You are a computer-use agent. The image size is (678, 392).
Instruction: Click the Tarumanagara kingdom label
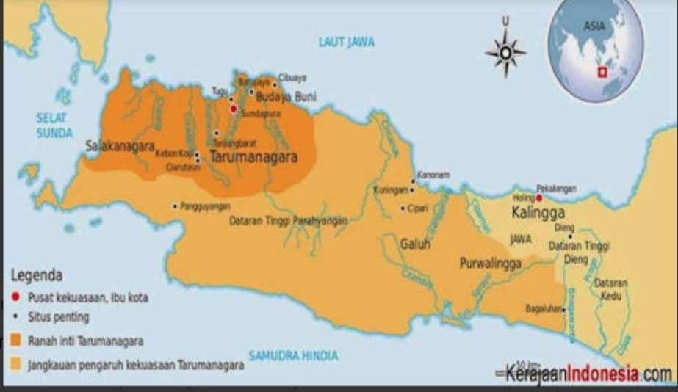click(x=253, y=157)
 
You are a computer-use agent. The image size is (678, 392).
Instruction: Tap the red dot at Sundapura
click(x=234, y=109)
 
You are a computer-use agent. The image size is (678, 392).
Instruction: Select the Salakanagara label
click(x=120, y=145)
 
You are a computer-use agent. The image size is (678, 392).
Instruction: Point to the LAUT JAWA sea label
click(x=346, y=42)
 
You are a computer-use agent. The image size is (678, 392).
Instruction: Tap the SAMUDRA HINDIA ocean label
click(x=293, y=356)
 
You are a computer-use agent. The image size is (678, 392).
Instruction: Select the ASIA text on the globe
click(x=594, y=26)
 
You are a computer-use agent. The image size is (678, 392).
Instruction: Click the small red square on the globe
click(x=602, y=72)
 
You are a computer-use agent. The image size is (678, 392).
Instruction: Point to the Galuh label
click(x=415, y=244)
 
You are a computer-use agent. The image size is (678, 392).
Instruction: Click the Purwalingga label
click(x=490, y=263)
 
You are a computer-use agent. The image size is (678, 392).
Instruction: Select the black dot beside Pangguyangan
click(x=175, y=206)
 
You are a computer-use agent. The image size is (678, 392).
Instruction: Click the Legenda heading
click(x=37, y=275)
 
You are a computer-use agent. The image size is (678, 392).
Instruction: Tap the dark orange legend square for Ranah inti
click(x=15, y=341)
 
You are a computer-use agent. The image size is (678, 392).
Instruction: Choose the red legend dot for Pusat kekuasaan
click(x=15, y=297)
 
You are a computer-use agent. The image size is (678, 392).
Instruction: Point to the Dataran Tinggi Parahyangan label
click(x=289, y=220)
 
